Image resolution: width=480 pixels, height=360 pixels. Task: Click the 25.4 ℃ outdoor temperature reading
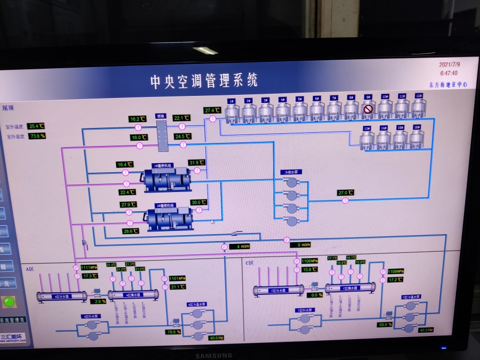coord(36,126)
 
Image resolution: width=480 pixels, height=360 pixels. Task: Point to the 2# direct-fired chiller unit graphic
coord(170,218)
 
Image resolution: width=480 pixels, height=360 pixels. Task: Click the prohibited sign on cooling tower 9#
coord(368,110)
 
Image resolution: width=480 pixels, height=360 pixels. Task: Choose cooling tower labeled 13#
coord(366,139)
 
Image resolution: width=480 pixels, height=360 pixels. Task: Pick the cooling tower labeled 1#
coord(231,111)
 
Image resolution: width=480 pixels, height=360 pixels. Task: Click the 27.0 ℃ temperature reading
coord(346,193)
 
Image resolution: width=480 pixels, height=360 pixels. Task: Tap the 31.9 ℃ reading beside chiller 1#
coord(197,163)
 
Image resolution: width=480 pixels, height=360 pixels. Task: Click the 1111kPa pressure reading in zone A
coord(89,267)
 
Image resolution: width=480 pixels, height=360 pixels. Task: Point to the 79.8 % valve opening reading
coord(174,332)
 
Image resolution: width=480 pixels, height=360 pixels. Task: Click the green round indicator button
coord(9,301)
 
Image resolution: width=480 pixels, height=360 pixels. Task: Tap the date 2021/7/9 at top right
coord(450,65)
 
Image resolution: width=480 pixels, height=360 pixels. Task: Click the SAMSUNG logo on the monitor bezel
coord(213,355)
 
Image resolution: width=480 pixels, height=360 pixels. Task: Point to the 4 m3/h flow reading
coord(239,246)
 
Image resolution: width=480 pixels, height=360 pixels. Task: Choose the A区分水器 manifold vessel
coord(62,295)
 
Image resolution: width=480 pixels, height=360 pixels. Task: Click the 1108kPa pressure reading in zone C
coord(395,271)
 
